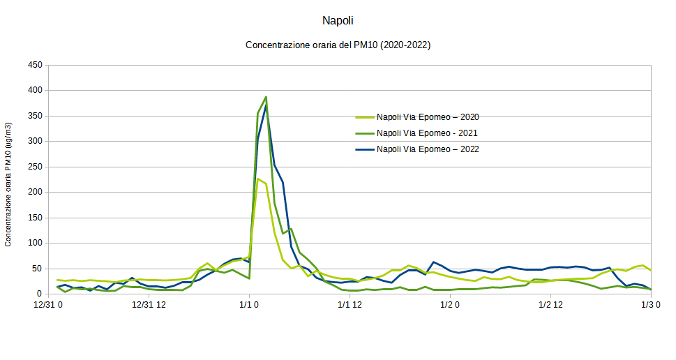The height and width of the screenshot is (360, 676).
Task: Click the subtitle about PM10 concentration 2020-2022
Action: point(338,45)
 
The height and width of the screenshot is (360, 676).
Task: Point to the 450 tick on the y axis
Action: point(35,65)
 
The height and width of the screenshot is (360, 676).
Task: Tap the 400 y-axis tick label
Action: point(35,91)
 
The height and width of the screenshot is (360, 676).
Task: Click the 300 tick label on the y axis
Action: point(35,142)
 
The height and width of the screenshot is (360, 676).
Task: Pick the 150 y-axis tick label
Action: point(35,218)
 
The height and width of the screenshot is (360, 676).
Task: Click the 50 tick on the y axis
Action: point(37,269)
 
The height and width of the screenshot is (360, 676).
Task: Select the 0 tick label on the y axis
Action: point(40,294)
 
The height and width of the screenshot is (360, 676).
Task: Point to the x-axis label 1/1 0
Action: point(249,305)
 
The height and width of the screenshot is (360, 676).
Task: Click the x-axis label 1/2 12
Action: point(549,305)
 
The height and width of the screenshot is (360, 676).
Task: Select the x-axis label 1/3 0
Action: point(651,305)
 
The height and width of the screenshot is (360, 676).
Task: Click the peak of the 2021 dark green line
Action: point(266,97)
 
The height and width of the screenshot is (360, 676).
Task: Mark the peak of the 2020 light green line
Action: point(257,179)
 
